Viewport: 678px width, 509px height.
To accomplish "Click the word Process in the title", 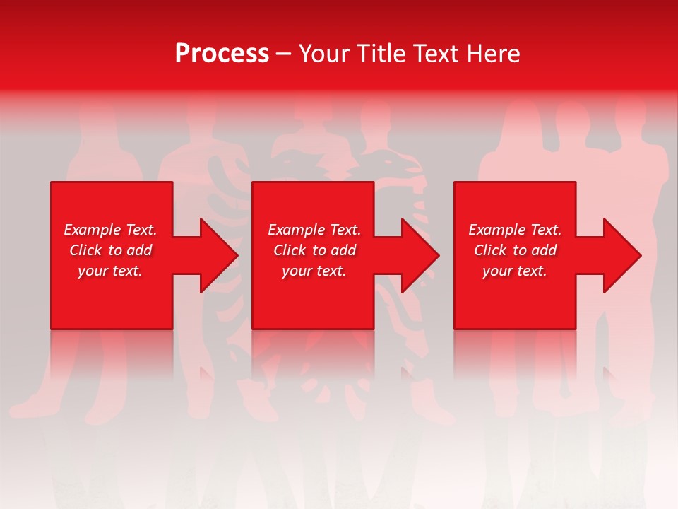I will [222, 54].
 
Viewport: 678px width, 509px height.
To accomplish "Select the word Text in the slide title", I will [437, 54].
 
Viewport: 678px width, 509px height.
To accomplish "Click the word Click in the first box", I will [85, 250].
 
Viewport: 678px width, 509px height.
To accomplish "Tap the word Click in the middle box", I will [290, 250].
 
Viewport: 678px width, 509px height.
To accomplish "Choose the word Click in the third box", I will [490, 250].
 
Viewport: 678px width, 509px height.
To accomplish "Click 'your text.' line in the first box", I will [110, 271].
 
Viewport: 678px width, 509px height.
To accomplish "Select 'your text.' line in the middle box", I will [314, 271].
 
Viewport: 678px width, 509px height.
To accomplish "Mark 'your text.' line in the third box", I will [515, 271].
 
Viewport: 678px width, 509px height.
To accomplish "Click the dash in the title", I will [283, 54].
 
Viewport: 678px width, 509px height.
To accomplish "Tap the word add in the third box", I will [544, 250].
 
